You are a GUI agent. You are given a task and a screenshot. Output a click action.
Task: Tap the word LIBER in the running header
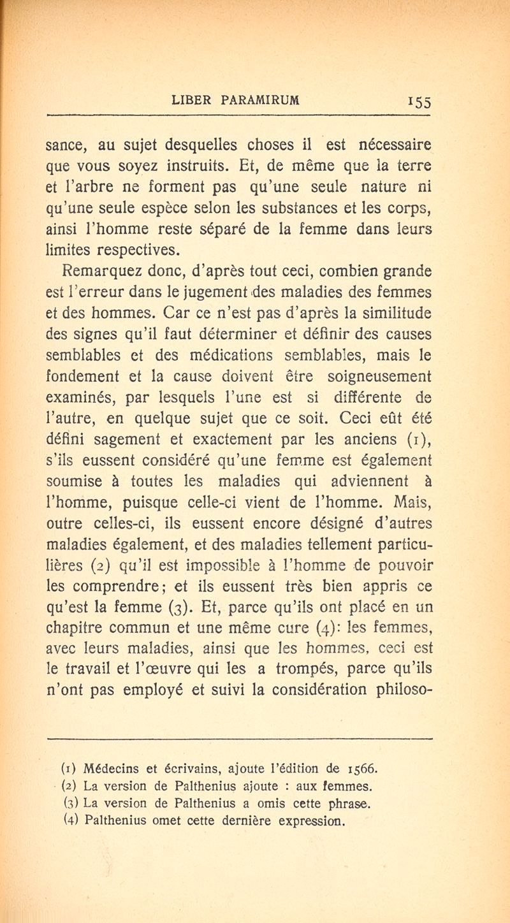click(x=194, y=100)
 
